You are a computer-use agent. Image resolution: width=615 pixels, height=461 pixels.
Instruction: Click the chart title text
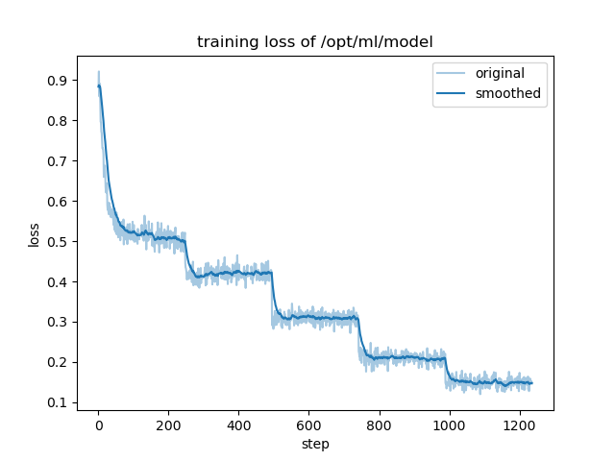point(314,42)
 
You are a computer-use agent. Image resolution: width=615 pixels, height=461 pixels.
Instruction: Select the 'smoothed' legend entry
point(507,94)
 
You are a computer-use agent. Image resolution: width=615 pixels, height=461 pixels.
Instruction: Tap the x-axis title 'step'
point(315,445)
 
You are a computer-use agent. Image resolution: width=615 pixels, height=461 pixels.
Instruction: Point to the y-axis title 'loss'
point(34,234)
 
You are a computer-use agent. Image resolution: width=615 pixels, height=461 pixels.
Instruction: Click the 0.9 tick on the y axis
point(59,81)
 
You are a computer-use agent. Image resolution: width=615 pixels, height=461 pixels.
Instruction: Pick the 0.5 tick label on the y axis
point(59,242)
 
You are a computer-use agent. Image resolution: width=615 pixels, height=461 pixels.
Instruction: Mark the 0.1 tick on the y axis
point(59,402)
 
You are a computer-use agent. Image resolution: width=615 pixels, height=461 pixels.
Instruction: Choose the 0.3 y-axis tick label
point(59,322)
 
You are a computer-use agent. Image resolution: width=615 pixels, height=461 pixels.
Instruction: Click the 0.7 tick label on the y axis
point(59,161)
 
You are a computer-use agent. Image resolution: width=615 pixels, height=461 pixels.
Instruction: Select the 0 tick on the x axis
point(98,425)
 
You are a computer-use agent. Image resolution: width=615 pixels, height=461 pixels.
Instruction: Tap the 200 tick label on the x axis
point(168,425)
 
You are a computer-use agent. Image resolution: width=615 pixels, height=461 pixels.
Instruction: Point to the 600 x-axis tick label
point(308,425)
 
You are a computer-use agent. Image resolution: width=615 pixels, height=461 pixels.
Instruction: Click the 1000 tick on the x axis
point(449,425)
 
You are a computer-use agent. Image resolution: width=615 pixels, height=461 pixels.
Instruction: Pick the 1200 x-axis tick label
point(519,425)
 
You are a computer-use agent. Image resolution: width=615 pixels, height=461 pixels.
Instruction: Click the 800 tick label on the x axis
point(379,425)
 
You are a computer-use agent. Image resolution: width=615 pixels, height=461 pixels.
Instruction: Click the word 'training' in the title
point(224,42)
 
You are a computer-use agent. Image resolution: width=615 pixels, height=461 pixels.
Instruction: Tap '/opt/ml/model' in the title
point(381,42)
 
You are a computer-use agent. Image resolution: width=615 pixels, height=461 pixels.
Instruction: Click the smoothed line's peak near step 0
point(99,85)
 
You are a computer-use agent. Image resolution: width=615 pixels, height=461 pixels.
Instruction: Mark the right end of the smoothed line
point(531,383)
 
